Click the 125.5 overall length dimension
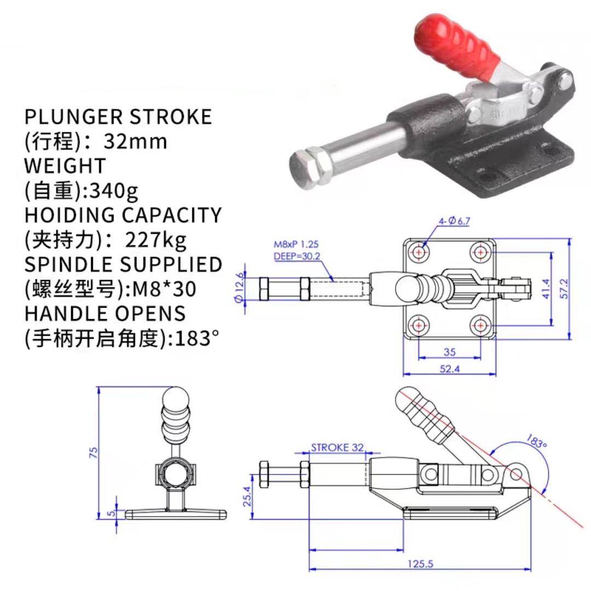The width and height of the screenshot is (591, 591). tap(421, 563)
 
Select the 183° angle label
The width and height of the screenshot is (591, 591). tap(537, 441)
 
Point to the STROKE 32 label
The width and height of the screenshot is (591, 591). tap(337, 447)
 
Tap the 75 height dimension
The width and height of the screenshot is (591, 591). tap(93, 452)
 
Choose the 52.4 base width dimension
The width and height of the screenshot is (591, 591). tap(449, 369)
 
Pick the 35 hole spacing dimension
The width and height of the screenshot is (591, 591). tap(449, 351)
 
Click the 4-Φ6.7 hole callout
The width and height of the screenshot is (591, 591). tap(454, 221)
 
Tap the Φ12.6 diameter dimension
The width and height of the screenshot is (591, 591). tap(239, 287)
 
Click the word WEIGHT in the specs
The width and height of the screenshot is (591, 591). tap(65, 165)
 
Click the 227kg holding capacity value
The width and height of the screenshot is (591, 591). tap(156, 240)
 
